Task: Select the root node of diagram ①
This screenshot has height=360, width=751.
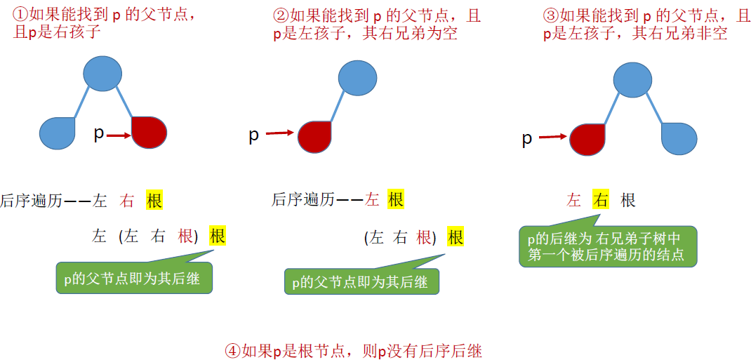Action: [102, 72]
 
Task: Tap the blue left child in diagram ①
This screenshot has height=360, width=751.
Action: [58, 133]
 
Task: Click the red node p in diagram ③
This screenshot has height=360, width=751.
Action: [587, 139]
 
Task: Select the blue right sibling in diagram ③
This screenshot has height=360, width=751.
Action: [679, 138]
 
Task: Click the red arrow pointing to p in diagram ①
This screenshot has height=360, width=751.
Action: [119, 135]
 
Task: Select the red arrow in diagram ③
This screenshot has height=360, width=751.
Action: [553, 138]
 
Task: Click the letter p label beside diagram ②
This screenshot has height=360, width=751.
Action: [254, 135]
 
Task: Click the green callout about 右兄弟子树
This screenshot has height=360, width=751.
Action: [608, 246]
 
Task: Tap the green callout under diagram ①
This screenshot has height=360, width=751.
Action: [133, 279]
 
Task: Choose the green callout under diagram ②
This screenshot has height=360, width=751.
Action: [361, 282]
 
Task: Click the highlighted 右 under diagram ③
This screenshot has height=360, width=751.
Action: [600, 200]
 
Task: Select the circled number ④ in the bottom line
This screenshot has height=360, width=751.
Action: [232, 351]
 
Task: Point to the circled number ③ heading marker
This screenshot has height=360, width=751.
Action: [551, 15]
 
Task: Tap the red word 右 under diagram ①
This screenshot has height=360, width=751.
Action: [127, 201]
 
